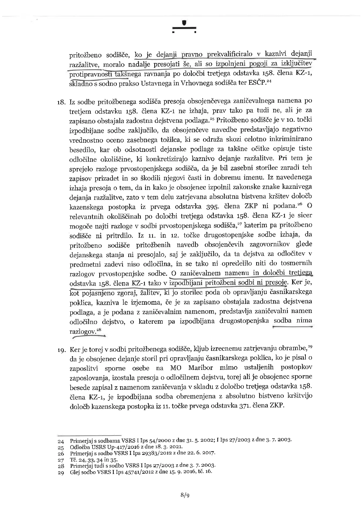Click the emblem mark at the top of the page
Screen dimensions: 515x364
click(184, 27)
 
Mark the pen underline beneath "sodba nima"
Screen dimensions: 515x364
click(292, 327)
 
